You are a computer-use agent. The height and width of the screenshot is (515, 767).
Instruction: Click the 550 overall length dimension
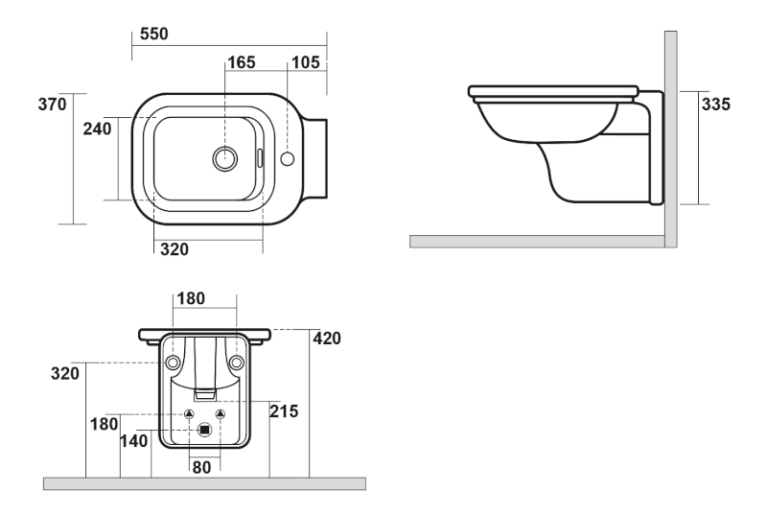[153, 34]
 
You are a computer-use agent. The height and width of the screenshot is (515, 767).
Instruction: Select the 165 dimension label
[241, 63]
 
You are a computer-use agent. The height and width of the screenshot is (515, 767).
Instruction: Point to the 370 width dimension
[53, 105]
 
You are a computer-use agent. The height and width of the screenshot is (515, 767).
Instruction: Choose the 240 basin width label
[98, 129]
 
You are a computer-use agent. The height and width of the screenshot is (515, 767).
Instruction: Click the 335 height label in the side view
[716, 105]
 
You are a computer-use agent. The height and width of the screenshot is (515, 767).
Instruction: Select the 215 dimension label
[285, 411]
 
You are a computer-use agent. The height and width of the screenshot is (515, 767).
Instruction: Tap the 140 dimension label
[135, 441]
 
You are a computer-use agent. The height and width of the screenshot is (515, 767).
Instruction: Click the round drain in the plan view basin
[225, 159]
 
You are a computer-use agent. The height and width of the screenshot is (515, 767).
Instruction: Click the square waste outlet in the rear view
[203, 431]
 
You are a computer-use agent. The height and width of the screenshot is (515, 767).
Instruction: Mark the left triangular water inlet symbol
[189, 413]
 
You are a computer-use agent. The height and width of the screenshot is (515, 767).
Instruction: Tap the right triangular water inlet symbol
[220, 413]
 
